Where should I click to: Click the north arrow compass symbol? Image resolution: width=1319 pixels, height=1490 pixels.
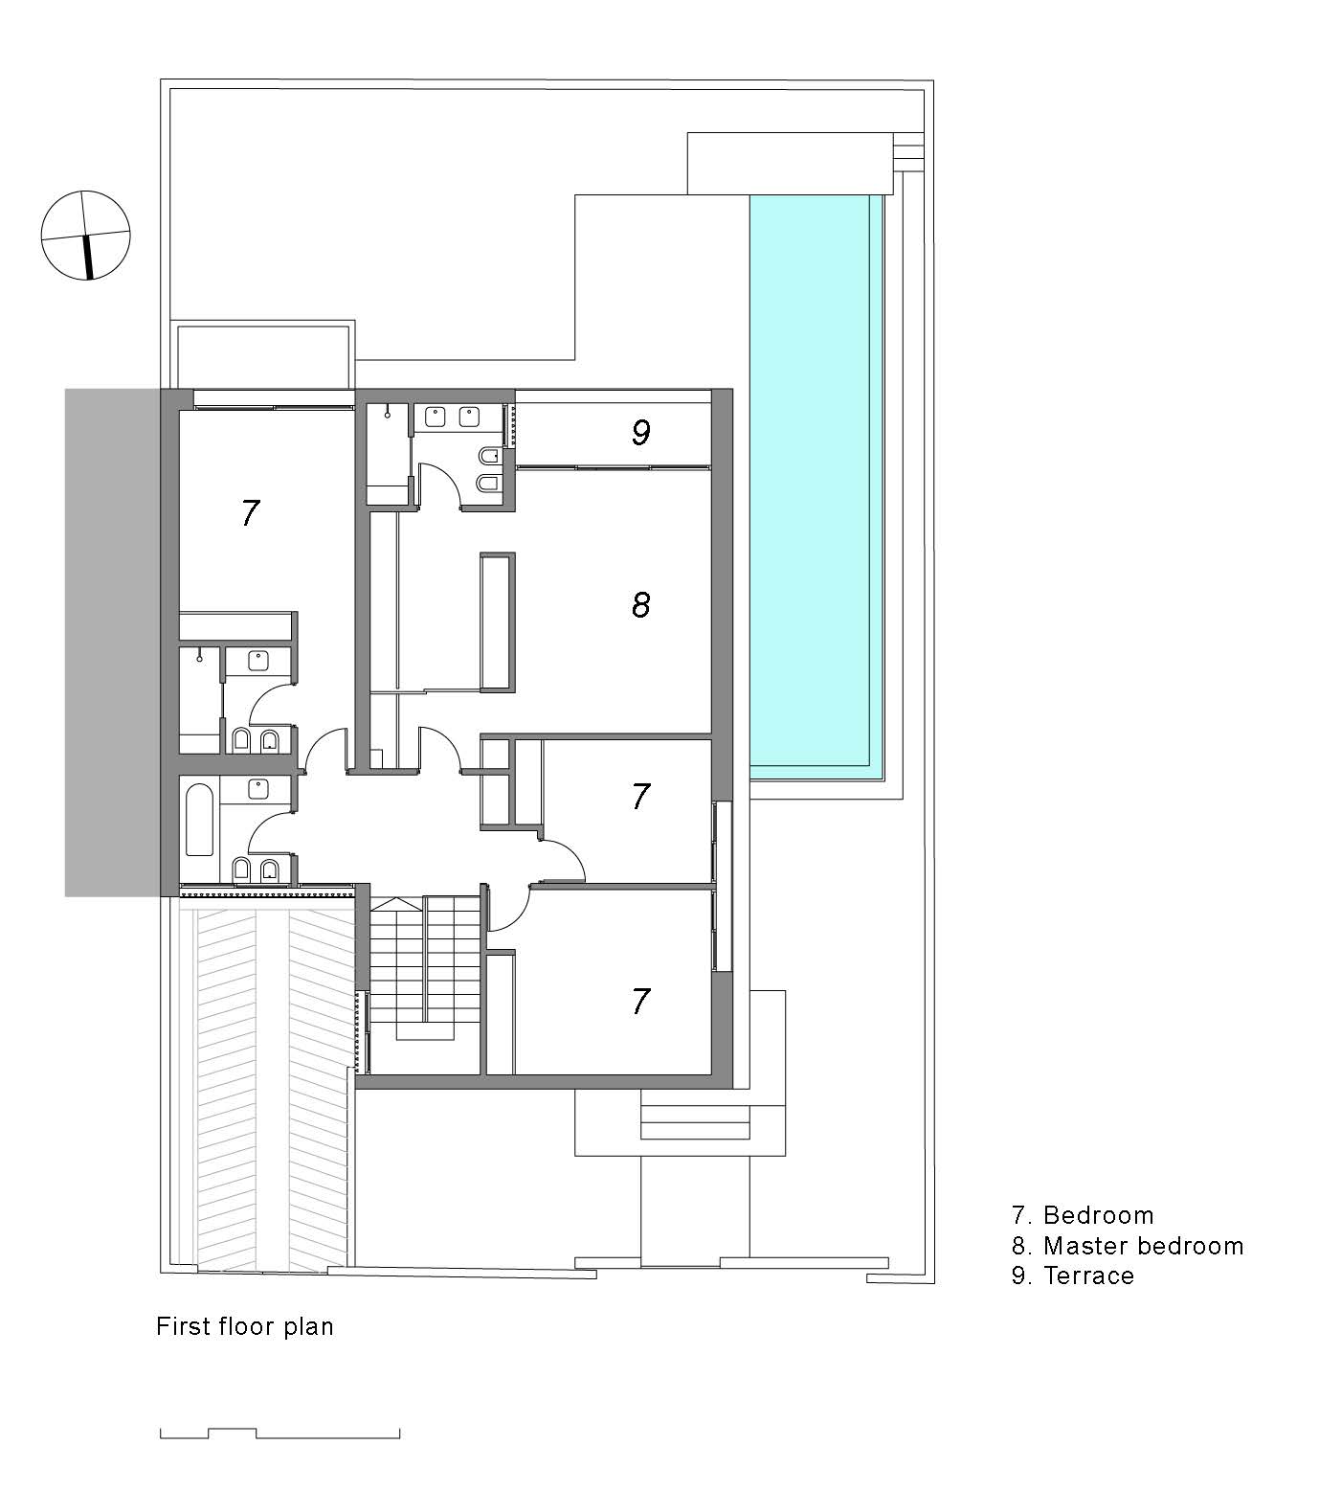click(x=85, y=235)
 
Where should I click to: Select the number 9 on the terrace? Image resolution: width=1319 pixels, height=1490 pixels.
click(x=641, y=433)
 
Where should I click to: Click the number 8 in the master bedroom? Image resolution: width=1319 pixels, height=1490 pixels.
click(x=641, y=604)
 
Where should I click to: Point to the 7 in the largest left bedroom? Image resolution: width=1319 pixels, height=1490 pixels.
click(x=250, y=513)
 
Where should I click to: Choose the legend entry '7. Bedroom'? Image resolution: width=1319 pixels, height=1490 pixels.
click(x=1083, y=1215)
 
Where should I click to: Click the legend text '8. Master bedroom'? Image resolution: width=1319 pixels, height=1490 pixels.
click(x=1128, y=1246)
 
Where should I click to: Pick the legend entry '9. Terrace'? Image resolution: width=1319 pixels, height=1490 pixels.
click(x=1073, y=1276)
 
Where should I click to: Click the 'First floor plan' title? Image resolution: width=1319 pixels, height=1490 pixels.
click(x=245, y=1326)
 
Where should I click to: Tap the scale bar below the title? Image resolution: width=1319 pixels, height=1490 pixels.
click(x=279, y=1434)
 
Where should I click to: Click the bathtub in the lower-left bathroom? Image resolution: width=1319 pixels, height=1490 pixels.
click(x=199, y=820)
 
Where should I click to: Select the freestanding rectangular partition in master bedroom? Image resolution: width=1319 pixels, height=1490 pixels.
click(x=498, y=621)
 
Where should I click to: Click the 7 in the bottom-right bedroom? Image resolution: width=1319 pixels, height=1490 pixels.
click(x=641, y=1002)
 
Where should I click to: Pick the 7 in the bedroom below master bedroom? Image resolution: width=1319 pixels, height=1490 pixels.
click(x=641, y=796)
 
